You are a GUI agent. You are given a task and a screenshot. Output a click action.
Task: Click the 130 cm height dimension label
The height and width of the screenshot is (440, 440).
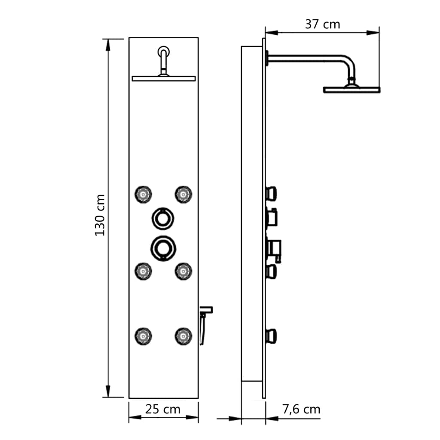[100, 214]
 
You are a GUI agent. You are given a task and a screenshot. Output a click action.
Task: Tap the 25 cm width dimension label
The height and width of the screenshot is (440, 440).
[162, 409]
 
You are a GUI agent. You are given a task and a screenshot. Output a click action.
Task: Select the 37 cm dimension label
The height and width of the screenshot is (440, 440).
[322, 24]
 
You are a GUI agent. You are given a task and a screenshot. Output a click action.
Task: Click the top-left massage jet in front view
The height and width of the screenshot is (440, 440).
[143, 194]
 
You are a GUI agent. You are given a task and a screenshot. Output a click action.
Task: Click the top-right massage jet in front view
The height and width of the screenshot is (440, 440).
[183, 194]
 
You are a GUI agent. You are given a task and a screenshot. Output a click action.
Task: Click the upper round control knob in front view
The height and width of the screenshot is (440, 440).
[163, 217]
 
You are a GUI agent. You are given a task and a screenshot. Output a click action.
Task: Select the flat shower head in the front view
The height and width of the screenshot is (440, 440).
[164, 79]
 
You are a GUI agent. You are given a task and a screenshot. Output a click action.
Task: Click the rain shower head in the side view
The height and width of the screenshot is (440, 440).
[351, 89]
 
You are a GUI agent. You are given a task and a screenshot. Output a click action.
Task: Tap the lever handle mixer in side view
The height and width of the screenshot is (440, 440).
[275, 249]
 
